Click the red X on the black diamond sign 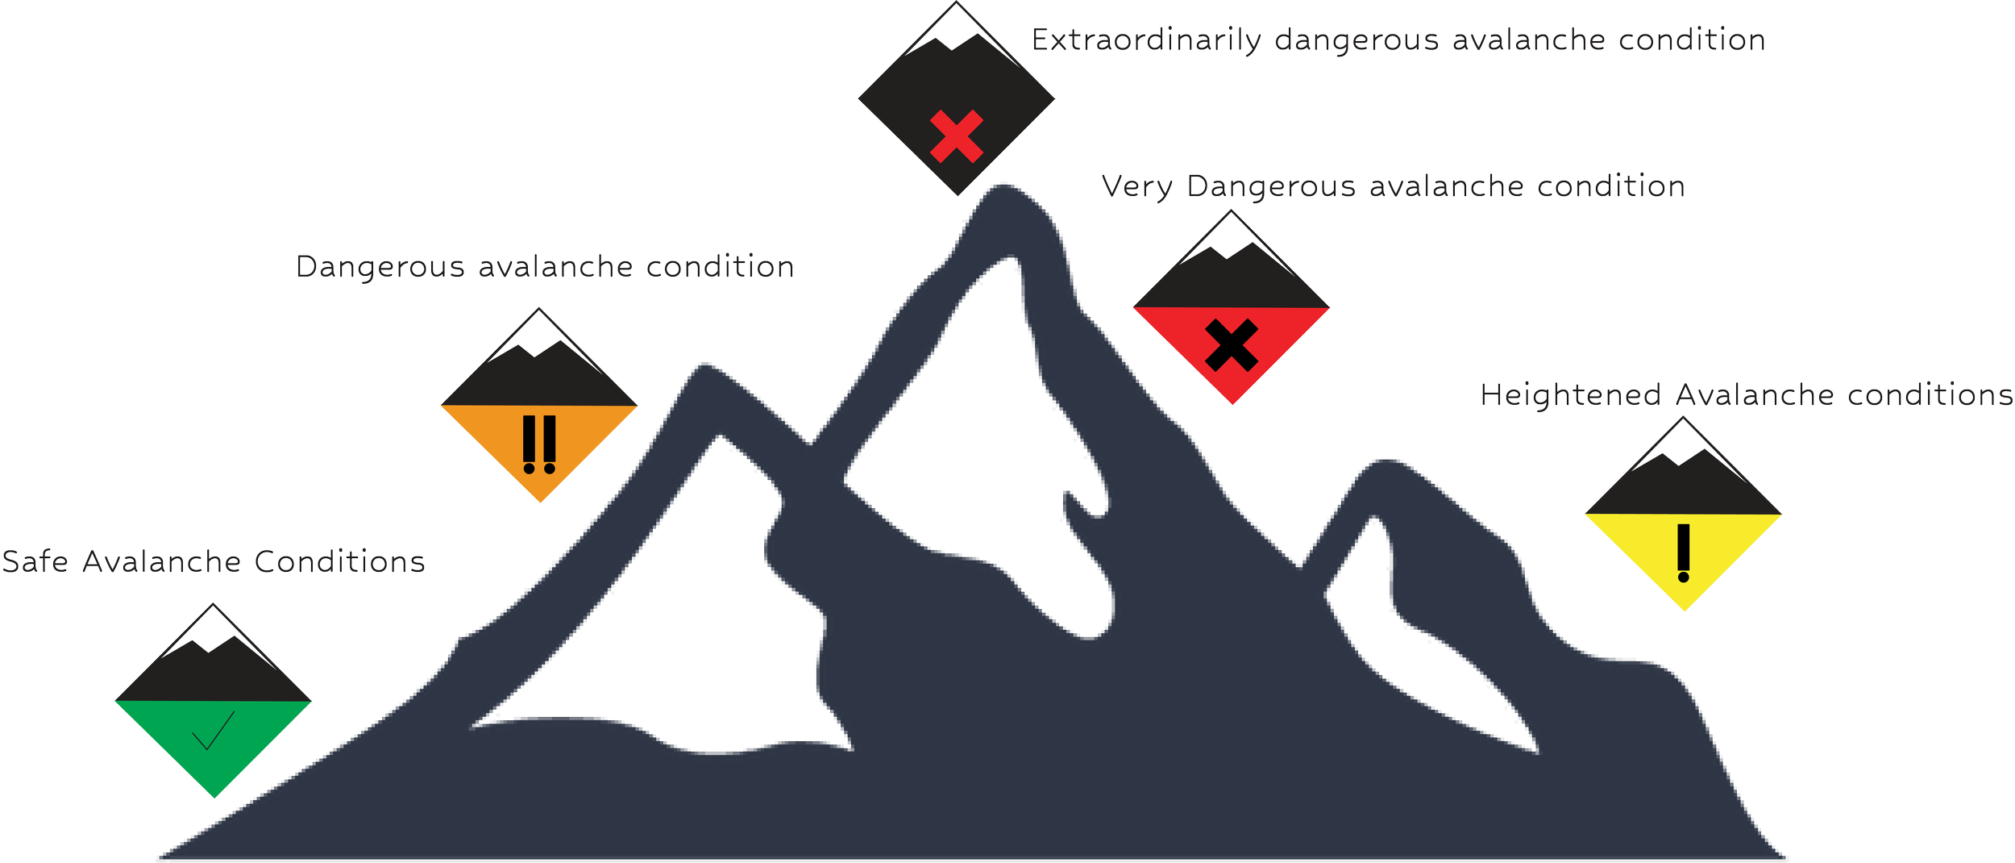tap(957, 136)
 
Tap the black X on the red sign tap(1232, 345)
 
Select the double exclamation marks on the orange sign tap(539, 444)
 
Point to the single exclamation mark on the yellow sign tap(1683, 553)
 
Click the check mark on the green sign tap(213, 731)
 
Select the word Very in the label tap(1137, 187)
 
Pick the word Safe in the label tap(35, 561)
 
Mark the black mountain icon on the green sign tap(214, 673)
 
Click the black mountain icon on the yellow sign tap(1683, 488)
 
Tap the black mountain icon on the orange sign tap(538, 379)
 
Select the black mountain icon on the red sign tap(1231, 281)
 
